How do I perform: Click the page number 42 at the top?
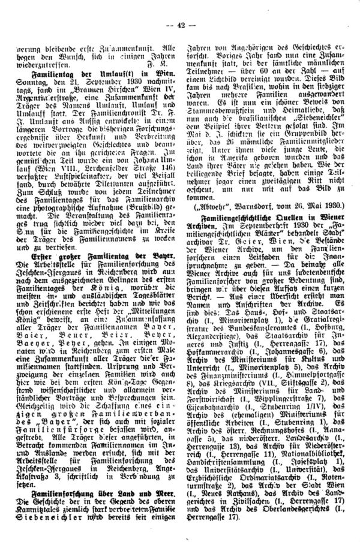180,7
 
